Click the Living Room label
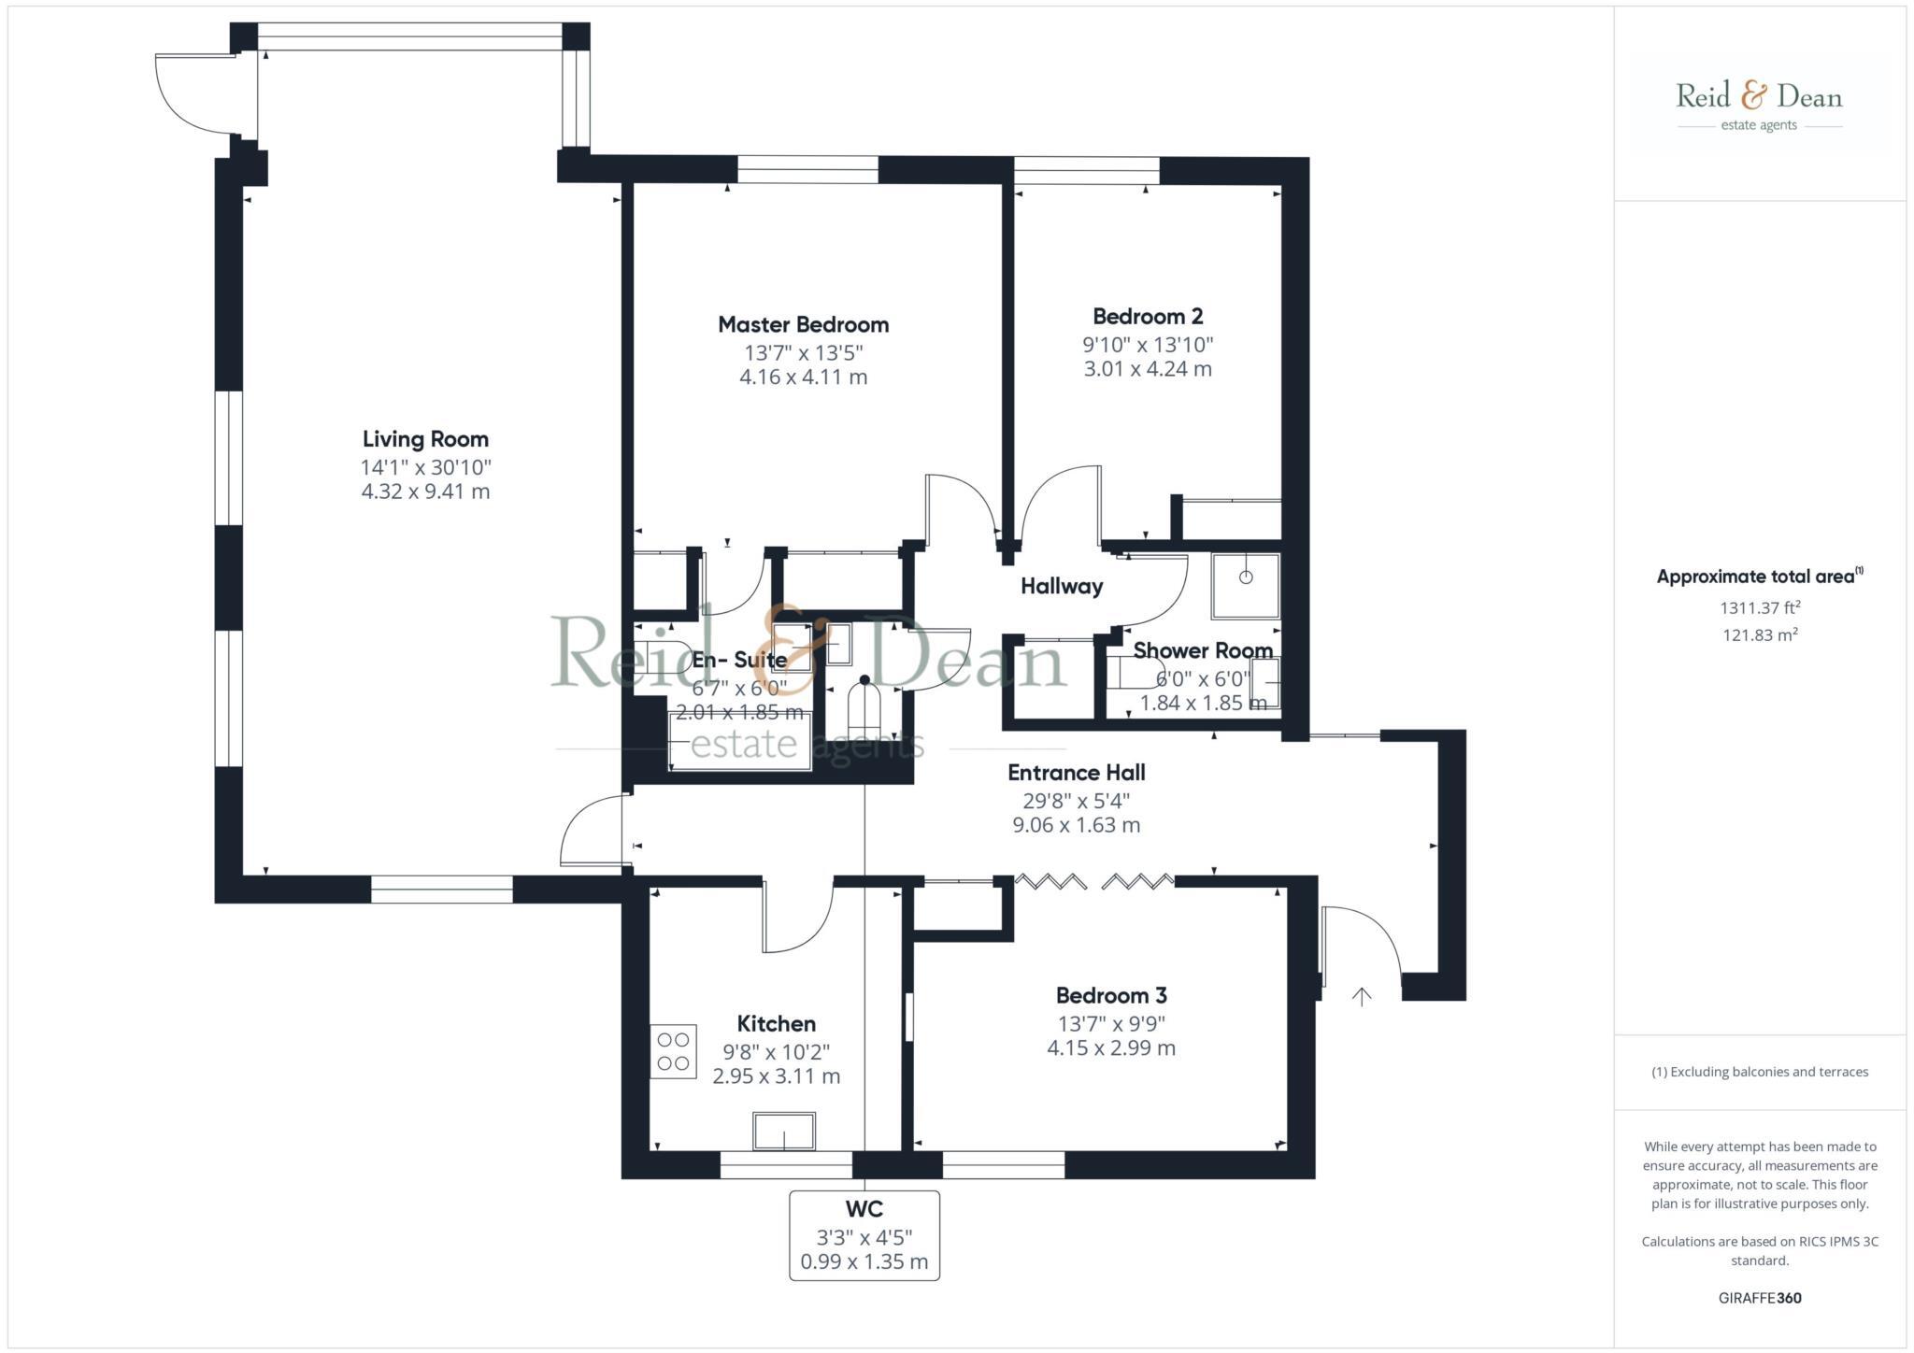point(425,439)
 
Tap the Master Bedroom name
point(803,325)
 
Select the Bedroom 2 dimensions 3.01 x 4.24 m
point(1148,369)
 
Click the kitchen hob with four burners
point(673,1052)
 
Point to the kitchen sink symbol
point(784,1131)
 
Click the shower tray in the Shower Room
point(1245,586)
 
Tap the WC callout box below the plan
point(864,1235)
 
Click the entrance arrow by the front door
point(1362,996)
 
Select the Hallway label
point(1062,587)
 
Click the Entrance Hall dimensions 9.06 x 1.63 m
point(1076,825)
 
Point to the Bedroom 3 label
point(1111,996)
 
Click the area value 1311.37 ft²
point(1760,608)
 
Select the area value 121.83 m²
point(1760,635)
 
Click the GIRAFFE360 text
point(1760,1298)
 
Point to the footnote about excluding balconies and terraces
point(1760,1072)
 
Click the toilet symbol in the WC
point(864,710)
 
